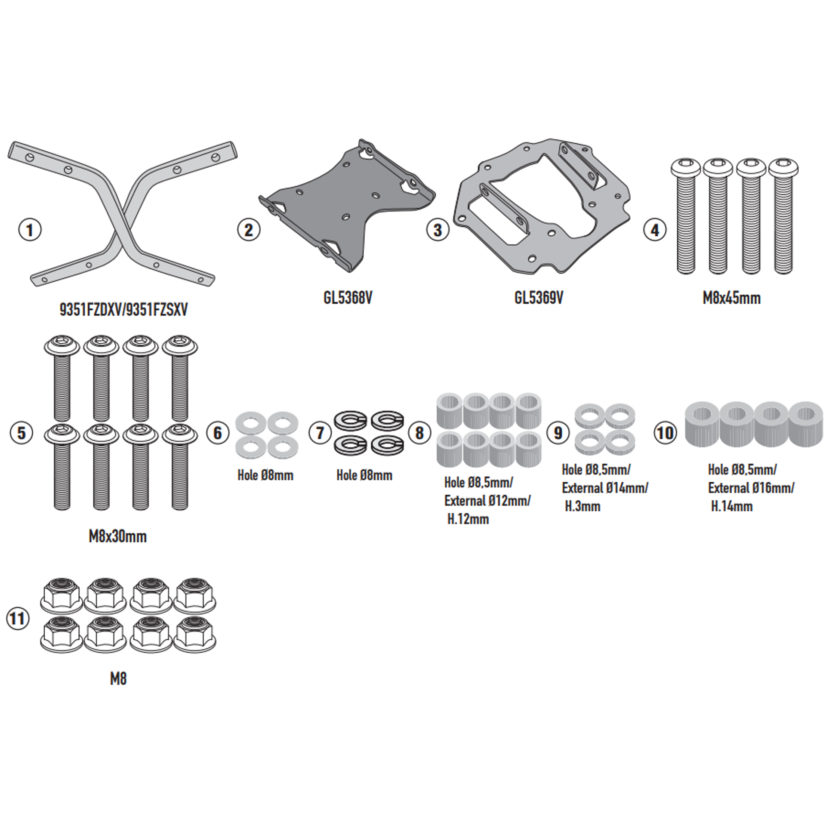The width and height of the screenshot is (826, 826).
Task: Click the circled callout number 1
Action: [30, 230]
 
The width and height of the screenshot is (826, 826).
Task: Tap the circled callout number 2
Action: [249, 230]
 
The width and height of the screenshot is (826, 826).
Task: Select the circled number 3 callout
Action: [438, 230]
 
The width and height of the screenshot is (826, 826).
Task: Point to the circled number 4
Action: [655, 230]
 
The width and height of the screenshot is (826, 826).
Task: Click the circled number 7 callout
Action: [320, 432]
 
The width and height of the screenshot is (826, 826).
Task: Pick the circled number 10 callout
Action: [665, 432]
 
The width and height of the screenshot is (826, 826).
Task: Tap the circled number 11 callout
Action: [18, 619]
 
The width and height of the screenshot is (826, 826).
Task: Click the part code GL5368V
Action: [348, 298]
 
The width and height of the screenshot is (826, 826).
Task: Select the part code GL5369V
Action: [539, 298]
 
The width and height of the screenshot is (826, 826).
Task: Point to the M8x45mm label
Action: [731, 298]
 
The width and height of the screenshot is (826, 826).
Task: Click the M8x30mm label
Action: [117, 536]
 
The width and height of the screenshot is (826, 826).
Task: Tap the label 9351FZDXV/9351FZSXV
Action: [123, 310]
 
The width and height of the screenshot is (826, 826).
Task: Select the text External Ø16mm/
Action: [751, 488]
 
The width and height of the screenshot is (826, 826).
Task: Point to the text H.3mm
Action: [583, 506]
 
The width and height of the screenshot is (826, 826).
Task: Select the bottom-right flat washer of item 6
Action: [282, 447]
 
